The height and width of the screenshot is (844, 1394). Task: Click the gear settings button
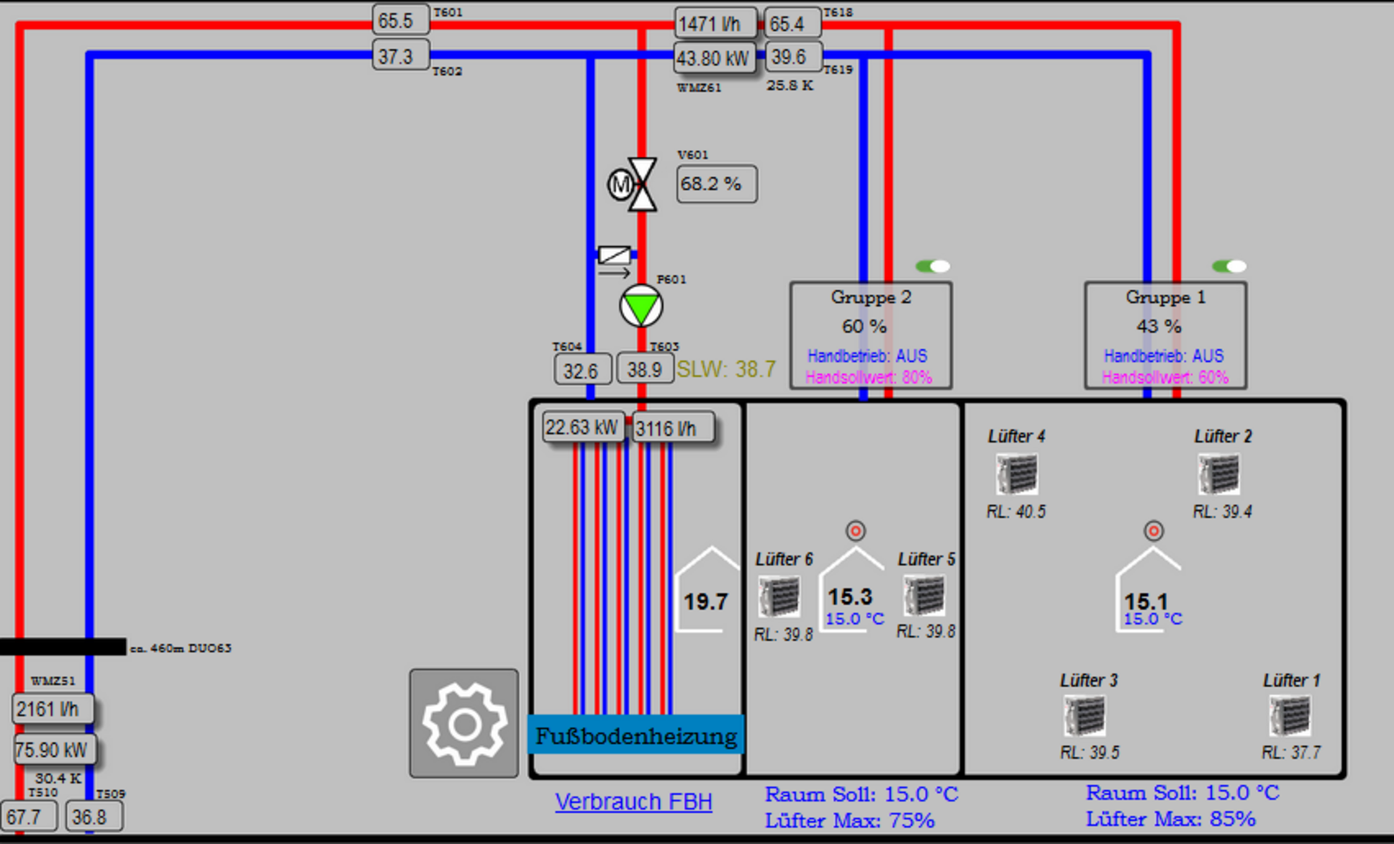tap(464, 723)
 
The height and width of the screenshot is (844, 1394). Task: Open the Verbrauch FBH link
tap(634, 802)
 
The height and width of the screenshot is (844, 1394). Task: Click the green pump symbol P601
tap(641, 306)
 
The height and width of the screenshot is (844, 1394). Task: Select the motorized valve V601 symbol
tap(633, 184)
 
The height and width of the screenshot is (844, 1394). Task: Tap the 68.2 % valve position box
tap(717, 184)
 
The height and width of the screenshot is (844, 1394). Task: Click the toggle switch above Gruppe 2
tap(933, 266)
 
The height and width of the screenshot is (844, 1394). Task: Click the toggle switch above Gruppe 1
tap(1229, 266)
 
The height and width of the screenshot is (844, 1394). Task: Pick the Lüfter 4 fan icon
tap(1016, 474)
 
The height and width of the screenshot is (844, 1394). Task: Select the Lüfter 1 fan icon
tap(1290, 716)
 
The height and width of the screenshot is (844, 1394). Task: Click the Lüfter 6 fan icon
tap(780, 596)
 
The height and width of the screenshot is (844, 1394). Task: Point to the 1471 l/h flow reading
tap(715, 24)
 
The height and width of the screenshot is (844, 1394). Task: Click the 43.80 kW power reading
tap(714, 58)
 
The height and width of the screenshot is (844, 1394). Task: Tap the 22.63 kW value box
tap(582, 427)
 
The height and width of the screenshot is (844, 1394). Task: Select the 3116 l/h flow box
tap(673, 429)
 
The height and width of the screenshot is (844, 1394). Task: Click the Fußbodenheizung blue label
tap(636, 735)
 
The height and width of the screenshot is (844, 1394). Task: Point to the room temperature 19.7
tap(706, 601)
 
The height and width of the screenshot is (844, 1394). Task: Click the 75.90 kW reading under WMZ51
tap(54, 750)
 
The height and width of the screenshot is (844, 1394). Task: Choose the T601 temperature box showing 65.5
tap(401, 20)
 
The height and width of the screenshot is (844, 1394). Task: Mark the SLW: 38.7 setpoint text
tap(726, 370)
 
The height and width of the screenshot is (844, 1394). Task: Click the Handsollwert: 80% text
tap(868, 378)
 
